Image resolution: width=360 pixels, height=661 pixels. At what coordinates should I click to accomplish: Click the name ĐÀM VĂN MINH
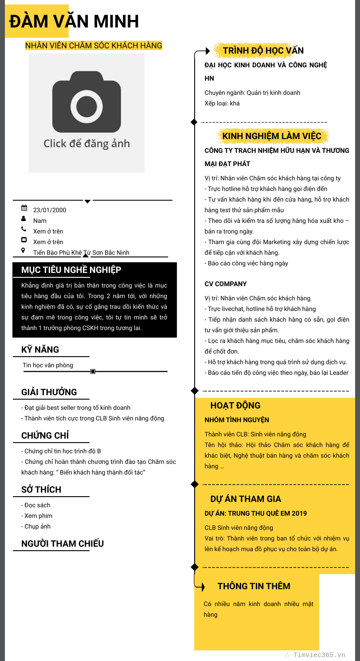pos(74,21)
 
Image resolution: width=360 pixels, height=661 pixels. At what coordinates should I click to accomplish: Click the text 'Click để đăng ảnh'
pos(86,144)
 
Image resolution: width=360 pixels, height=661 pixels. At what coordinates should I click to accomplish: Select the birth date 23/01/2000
pos(50,210)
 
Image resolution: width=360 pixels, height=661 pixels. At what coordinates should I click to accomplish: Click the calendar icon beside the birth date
pos(24,208)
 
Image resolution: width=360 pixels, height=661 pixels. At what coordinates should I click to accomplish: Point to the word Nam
pos(39,221)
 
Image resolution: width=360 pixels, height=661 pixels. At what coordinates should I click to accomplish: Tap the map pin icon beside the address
pos(24,251)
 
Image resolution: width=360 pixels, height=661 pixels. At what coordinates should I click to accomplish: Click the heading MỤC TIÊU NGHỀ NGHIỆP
pos(71,270)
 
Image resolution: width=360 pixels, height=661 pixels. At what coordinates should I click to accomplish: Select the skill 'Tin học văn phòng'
pos(48,365)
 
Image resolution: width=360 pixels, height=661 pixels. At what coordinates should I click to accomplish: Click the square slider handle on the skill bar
pos(93,371)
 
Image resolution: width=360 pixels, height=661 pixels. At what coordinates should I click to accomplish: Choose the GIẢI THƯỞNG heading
pos(49,392)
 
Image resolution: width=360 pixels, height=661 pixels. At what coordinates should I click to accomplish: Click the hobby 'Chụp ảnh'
pos(37,526)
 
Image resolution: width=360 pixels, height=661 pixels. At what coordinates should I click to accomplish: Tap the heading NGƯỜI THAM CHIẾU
pos(63,544)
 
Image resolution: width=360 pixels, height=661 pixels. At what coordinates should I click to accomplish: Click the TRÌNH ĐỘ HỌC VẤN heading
pos(263,51)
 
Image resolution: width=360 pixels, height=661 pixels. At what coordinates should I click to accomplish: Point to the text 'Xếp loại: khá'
pos(222,103)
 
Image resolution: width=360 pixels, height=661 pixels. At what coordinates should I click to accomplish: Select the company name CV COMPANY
pos(226,284)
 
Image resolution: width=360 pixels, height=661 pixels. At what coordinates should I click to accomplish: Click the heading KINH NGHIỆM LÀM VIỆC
pos(272,136)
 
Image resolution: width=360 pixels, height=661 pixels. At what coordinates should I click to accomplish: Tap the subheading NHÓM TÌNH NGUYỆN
pos(237,420)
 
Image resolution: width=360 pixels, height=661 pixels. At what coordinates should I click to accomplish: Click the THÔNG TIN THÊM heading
pos(254,586)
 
